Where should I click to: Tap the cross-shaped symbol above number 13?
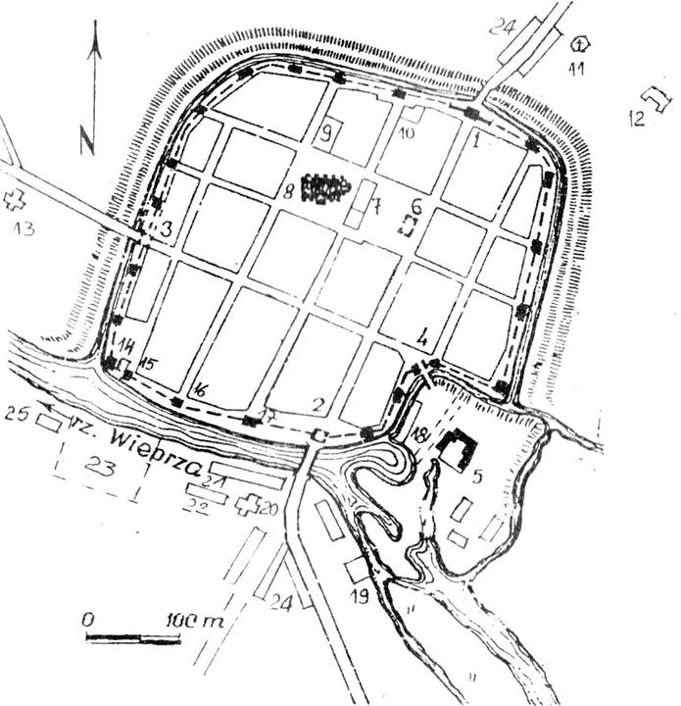tap(15, 199)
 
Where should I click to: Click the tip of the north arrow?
tap(93, 35)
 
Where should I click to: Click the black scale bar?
tap(133, 639)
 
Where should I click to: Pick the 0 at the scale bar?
tap(88, 621)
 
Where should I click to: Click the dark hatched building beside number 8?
tap(325, 186)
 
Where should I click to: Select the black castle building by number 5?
tap(457, 449)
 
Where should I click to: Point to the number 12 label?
tap(637, 119)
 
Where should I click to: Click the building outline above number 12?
tap(655, 99)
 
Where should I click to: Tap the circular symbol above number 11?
tap(581, 43)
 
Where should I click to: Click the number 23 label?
tap(102, 470)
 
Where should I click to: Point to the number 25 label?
tap(16, 413)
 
